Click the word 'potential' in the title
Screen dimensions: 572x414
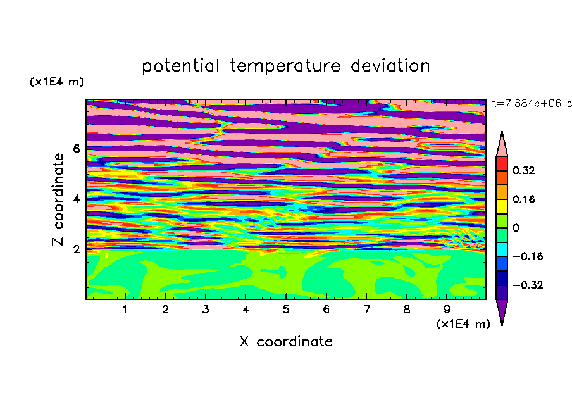[x=180, y=66]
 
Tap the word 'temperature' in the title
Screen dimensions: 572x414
[x=285, y=66]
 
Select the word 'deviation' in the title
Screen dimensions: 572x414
[x=390, y=66]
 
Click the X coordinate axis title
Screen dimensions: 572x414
[x=286, y=341]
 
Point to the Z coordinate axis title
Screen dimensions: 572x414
[x=58, y=199]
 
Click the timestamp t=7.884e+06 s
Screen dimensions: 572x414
[x=532, y=103]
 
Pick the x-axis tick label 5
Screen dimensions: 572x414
[x=286, y=310]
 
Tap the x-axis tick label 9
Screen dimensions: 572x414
[x=447, y=310]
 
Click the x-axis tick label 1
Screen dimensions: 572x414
[x=125, y=310]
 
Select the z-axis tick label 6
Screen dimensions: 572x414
[x=76, y=149]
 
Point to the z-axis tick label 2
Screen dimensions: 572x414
[x=76, y=249]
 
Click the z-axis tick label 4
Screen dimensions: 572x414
[x=76, y=199]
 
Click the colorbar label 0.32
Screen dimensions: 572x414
[x=524, y=170]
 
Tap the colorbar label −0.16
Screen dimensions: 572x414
[x=528, y=256]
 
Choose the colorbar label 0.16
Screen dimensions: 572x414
[x=524, y=199]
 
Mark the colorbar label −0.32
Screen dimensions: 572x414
[x=528, y=285]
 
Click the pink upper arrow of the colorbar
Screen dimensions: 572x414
[x=502, y=146]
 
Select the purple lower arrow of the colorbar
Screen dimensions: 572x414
[x=502, y=310]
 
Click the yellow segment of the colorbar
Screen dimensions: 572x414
[x=502, y=206]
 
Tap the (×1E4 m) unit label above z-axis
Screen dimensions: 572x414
[x=56, y=82]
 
